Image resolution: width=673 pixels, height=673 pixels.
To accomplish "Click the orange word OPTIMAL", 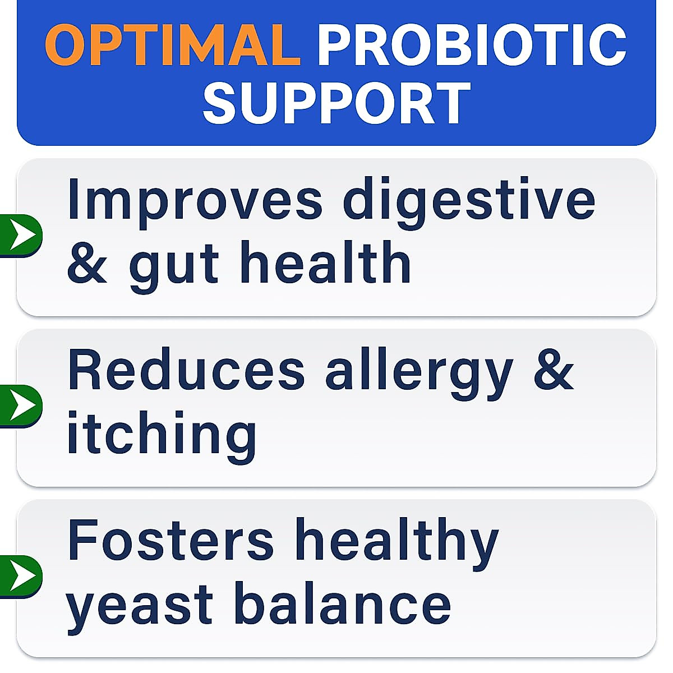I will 173,45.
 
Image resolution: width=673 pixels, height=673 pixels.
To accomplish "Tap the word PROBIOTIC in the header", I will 471,45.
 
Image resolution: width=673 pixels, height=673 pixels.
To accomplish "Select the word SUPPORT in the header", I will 336,103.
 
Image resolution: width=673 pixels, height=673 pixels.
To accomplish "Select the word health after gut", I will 325,262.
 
